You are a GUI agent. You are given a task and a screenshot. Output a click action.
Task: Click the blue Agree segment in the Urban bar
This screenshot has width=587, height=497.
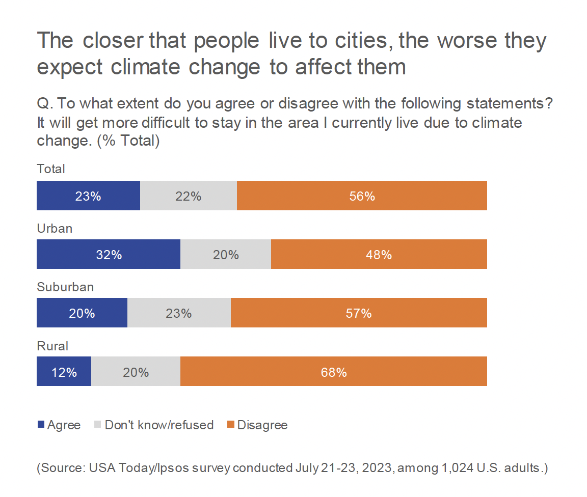(109, 254)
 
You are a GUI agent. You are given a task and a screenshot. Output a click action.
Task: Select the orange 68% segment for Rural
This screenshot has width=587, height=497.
(334, 371)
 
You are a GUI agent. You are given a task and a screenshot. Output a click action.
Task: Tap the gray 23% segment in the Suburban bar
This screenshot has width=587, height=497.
(179, 313)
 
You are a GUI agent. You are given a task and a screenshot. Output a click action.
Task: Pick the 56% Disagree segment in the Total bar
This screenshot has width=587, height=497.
(362, 196)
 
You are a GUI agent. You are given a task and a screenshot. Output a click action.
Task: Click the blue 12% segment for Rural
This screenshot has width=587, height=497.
(64, 371)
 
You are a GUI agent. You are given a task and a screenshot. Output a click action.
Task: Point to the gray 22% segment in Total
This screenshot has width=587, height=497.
(189, 196)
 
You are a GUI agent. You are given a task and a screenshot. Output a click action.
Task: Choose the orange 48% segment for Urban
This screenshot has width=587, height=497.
(379, 254)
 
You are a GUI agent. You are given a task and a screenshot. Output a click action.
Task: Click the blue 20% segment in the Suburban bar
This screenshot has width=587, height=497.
(82, 313)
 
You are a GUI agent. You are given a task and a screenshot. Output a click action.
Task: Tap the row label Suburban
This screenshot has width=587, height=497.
(65, 287)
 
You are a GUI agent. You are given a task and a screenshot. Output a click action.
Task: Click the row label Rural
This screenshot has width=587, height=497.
(52, 346)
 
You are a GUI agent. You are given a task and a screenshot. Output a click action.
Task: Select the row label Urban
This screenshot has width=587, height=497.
(55, 228)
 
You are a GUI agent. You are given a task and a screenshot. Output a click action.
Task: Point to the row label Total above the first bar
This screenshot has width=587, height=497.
(51, 169)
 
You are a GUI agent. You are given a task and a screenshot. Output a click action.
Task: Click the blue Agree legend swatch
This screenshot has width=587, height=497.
(41, 425)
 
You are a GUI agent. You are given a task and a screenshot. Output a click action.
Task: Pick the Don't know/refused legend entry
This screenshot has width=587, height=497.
(158, 425)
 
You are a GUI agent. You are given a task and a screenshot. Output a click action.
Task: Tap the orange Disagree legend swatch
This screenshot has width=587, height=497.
(231, 425)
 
